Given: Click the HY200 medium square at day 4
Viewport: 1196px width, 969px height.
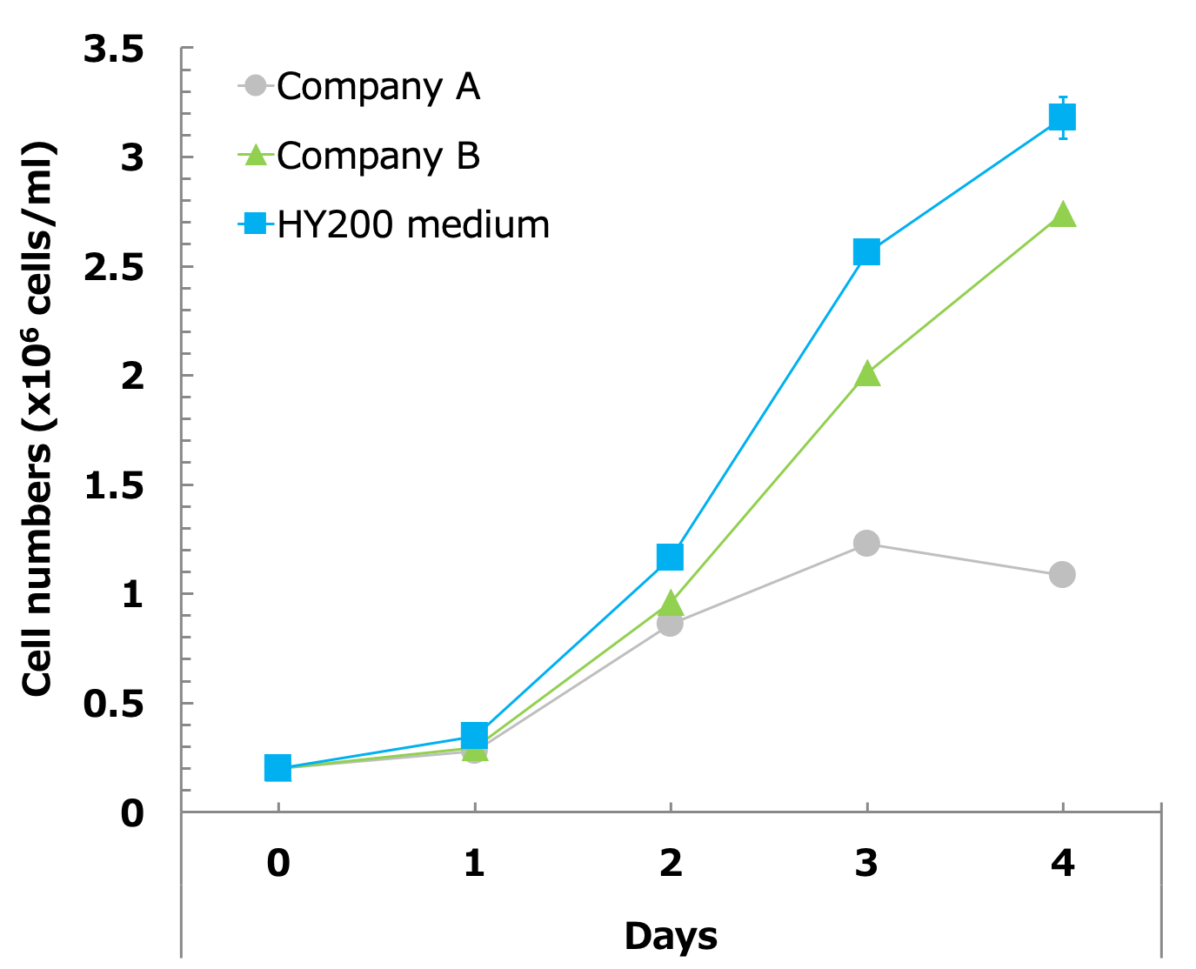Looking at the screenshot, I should coord(1062,117).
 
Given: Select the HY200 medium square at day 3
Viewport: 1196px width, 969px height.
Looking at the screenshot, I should coord(866,252).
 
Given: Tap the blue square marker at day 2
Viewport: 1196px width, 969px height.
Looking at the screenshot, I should coord(670,557).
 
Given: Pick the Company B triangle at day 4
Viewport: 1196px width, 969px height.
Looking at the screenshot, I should coord(1062,215).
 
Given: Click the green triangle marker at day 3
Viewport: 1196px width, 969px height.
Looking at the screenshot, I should coord(866,375).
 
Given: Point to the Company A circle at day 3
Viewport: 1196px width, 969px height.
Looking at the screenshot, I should coord(866,543).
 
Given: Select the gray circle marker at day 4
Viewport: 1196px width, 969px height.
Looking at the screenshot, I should coord(1062,574).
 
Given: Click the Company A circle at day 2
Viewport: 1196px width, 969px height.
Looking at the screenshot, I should coord(670,623).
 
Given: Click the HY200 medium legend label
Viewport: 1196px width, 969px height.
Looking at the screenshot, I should coord(413,224).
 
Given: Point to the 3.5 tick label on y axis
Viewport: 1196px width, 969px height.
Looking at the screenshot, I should coord(113,50).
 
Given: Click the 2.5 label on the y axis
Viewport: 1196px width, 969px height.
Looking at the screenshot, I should coord(113,268).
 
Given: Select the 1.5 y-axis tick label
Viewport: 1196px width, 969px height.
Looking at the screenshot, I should coord(113,486).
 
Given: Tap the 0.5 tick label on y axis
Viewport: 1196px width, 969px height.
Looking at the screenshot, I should coord(113,704).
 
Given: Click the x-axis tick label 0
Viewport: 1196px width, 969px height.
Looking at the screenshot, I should coord(277,863).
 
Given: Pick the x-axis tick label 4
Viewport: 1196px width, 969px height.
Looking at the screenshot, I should coord(1062,863).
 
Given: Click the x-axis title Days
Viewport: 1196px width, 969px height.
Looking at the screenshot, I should coord(671,936).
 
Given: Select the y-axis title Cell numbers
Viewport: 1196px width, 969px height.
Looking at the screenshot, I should coord(38,418).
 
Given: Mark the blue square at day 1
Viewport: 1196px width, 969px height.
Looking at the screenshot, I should coord(474,736).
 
